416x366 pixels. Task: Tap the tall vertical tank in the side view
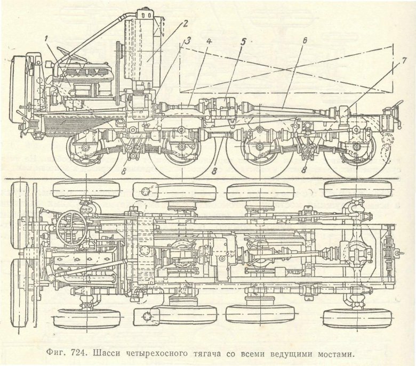pos(140,51)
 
